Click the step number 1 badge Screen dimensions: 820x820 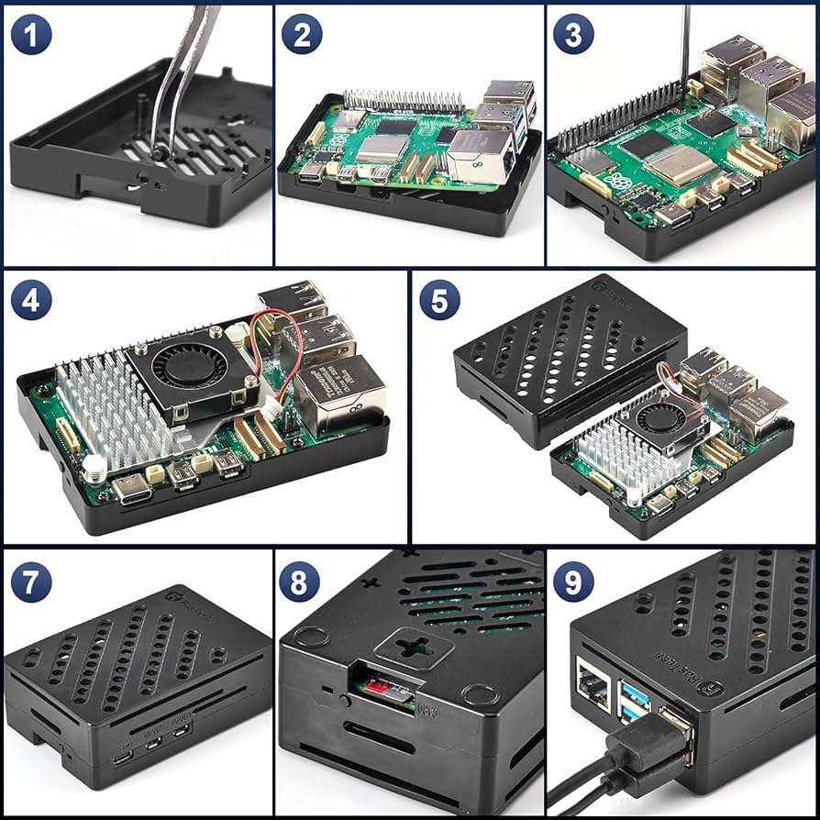31,36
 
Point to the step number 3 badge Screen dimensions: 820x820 574,36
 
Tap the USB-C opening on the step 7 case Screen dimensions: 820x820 121,759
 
